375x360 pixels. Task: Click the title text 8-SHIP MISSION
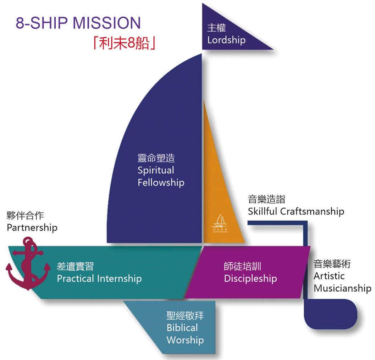point(78,23)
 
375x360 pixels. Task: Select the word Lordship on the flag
point(226,40)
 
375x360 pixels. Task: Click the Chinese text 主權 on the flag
point(216,28)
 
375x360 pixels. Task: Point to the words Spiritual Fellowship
point(161,176)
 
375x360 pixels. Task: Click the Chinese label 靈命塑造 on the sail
point(156,158)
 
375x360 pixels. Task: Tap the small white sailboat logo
point(220,222)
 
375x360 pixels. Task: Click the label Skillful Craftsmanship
point(296,211)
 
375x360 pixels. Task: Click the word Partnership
point(32,227)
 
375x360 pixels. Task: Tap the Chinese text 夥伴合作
point(25,215)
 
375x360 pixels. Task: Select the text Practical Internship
point(99,278)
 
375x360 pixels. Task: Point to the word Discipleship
point(250,278)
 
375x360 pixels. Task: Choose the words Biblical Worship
point(185,334)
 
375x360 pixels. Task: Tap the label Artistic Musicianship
point(342,282)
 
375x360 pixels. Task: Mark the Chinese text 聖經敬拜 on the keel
point(185,316)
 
